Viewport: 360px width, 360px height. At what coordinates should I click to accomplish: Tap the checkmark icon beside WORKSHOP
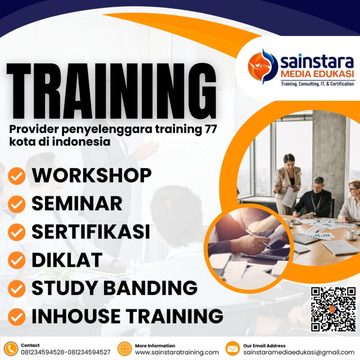[17, 176]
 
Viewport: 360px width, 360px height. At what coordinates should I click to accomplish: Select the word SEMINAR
[76, 203]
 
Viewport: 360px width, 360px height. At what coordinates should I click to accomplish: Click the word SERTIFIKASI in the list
[90, 232]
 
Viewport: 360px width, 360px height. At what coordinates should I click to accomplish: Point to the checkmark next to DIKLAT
[17, 260]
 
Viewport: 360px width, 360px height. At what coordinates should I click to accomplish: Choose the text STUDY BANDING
[114, 288]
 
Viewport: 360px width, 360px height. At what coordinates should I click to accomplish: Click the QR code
[333, 309]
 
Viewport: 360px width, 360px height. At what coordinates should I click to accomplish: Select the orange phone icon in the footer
[11, 348]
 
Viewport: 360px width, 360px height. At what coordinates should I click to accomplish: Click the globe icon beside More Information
[124, 348]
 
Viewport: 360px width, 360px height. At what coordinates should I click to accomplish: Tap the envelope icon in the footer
[232, 348]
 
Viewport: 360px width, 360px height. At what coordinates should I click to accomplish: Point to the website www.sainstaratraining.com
[177, 352]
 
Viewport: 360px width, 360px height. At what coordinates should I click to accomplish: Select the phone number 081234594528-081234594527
[66, 352]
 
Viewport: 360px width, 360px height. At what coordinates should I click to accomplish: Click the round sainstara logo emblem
[263, 66]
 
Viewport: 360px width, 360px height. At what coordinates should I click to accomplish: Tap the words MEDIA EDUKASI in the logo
[317, 73]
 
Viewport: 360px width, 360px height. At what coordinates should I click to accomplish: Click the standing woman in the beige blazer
[288, 180]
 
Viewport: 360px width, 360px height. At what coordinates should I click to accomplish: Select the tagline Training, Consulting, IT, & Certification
[317, 84]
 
